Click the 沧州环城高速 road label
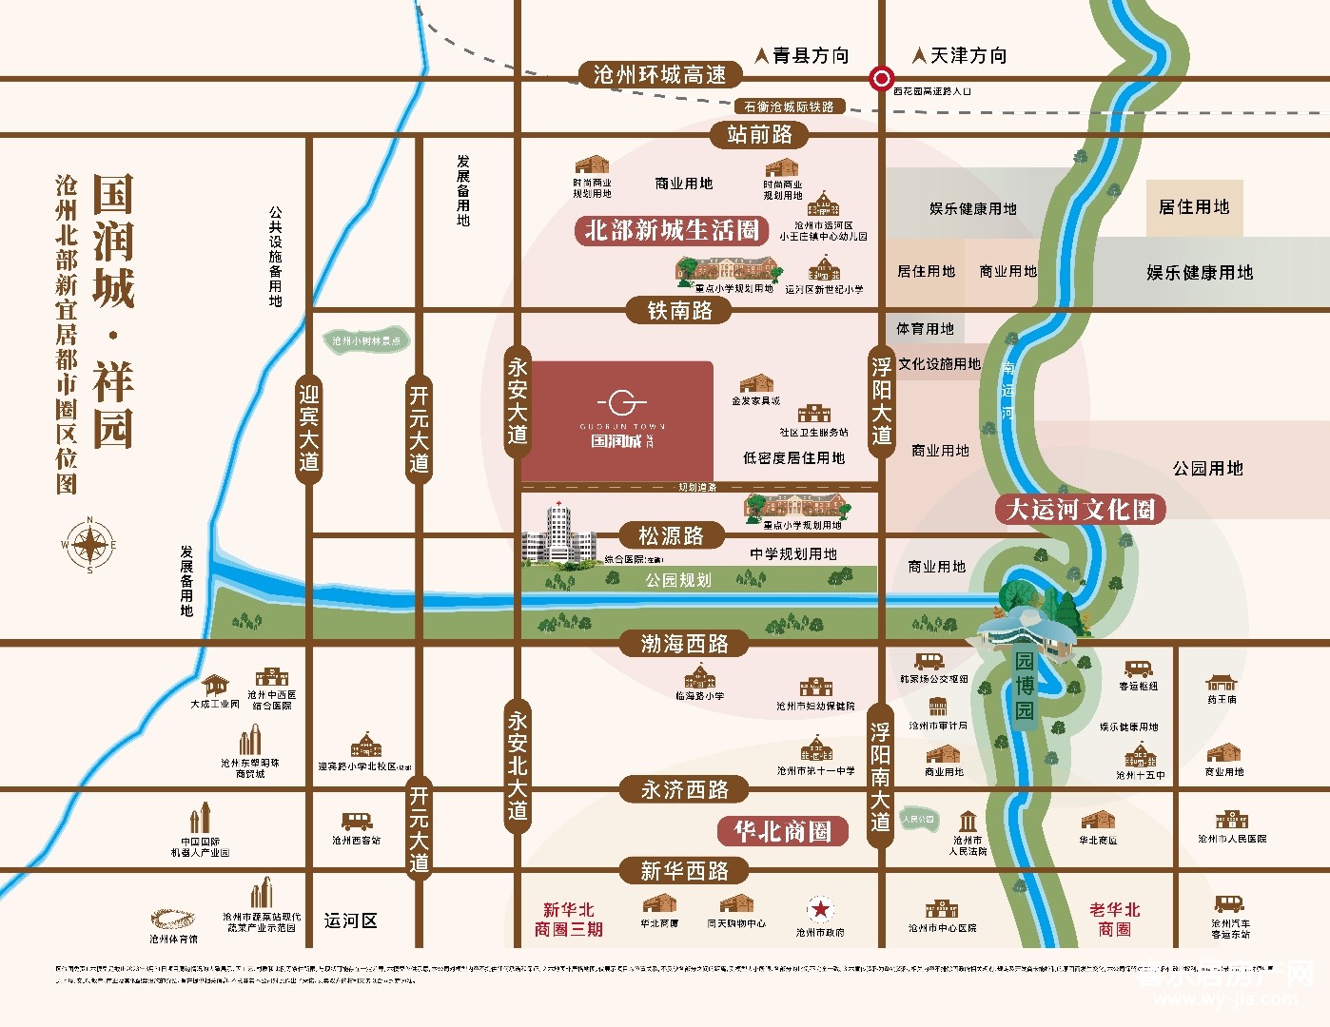[659, 75]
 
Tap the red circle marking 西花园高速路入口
[882, 78]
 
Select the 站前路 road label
[759, 134]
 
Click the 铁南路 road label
[679, 310]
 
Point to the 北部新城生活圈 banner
[672, 230]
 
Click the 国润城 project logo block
[617, 419]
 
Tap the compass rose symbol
[89, 545]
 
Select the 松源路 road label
[671, 535]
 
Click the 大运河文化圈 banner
[1080, 509]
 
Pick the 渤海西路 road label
[684, 644]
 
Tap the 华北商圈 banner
[782, 831]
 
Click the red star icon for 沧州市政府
[819, 909]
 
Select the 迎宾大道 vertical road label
[308, 428]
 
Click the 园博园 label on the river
[1024, 685]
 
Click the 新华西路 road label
[684, 870]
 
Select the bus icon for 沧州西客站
[356, 821]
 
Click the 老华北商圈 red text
[1114, 919]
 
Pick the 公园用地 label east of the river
[1207, 468]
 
